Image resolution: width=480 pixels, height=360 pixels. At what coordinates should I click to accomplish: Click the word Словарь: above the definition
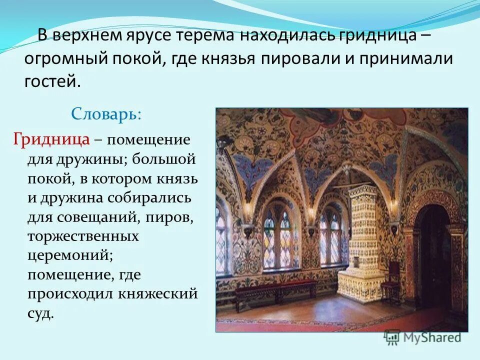pos(106,114)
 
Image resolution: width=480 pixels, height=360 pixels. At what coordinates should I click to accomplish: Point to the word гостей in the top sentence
pos(52,80)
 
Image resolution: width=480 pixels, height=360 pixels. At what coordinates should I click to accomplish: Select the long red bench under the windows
pos(275,290)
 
